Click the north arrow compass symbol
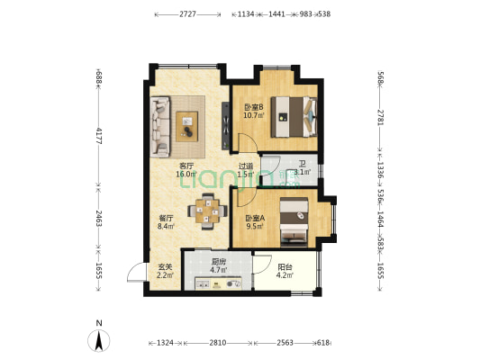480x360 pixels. coord(98,340)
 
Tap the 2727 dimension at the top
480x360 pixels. coord(187,14)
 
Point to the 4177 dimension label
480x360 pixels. coord(99,136)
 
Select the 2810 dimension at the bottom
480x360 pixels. coord(218,343)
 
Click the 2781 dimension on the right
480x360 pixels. coord(381,117)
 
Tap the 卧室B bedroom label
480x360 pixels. coord(253,107)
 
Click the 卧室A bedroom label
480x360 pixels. coord(255,219)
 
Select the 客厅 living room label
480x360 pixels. coord(186,166)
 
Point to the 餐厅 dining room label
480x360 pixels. coord(166,219)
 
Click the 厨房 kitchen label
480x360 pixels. coord(219,262)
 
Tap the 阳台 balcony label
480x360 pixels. coord(285,267)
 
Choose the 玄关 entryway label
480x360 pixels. coord(165,267)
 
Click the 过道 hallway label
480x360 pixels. coord(246,166)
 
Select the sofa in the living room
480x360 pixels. coord(160,127)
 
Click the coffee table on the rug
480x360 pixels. coord(186,126)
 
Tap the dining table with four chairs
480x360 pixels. coord(207,211)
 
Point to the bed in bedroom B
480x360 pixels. coord(294,116)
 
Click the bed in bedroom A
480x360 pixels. coord(294,221)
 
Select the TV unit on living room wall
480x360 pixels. coord(226,126)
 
